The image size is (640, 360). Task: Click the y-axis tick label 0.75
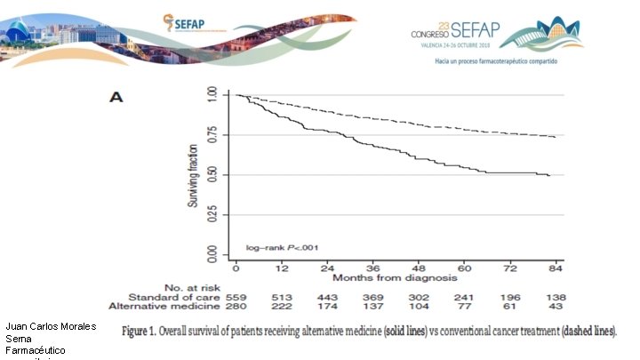pyautogui.click(x=211, y=135)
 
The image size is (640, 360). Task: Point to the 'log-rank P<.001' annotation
pyautogui.click(x=281, y=247)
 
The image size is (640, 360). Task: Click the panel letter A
pyautogui.click(x=116, y=97)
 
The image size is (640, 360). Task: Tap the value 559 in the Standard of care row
pyautogui.click(x=236, y=296)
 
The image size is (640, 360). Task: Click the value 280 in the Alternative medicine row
pyautogui.click(x=236, y=306)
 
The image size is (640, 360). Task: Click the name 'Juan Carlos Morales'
pyautogui.click(x=51, y=326)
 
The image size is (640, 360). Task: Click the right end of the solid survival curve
pyautogui.click(x=550, y=176)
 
